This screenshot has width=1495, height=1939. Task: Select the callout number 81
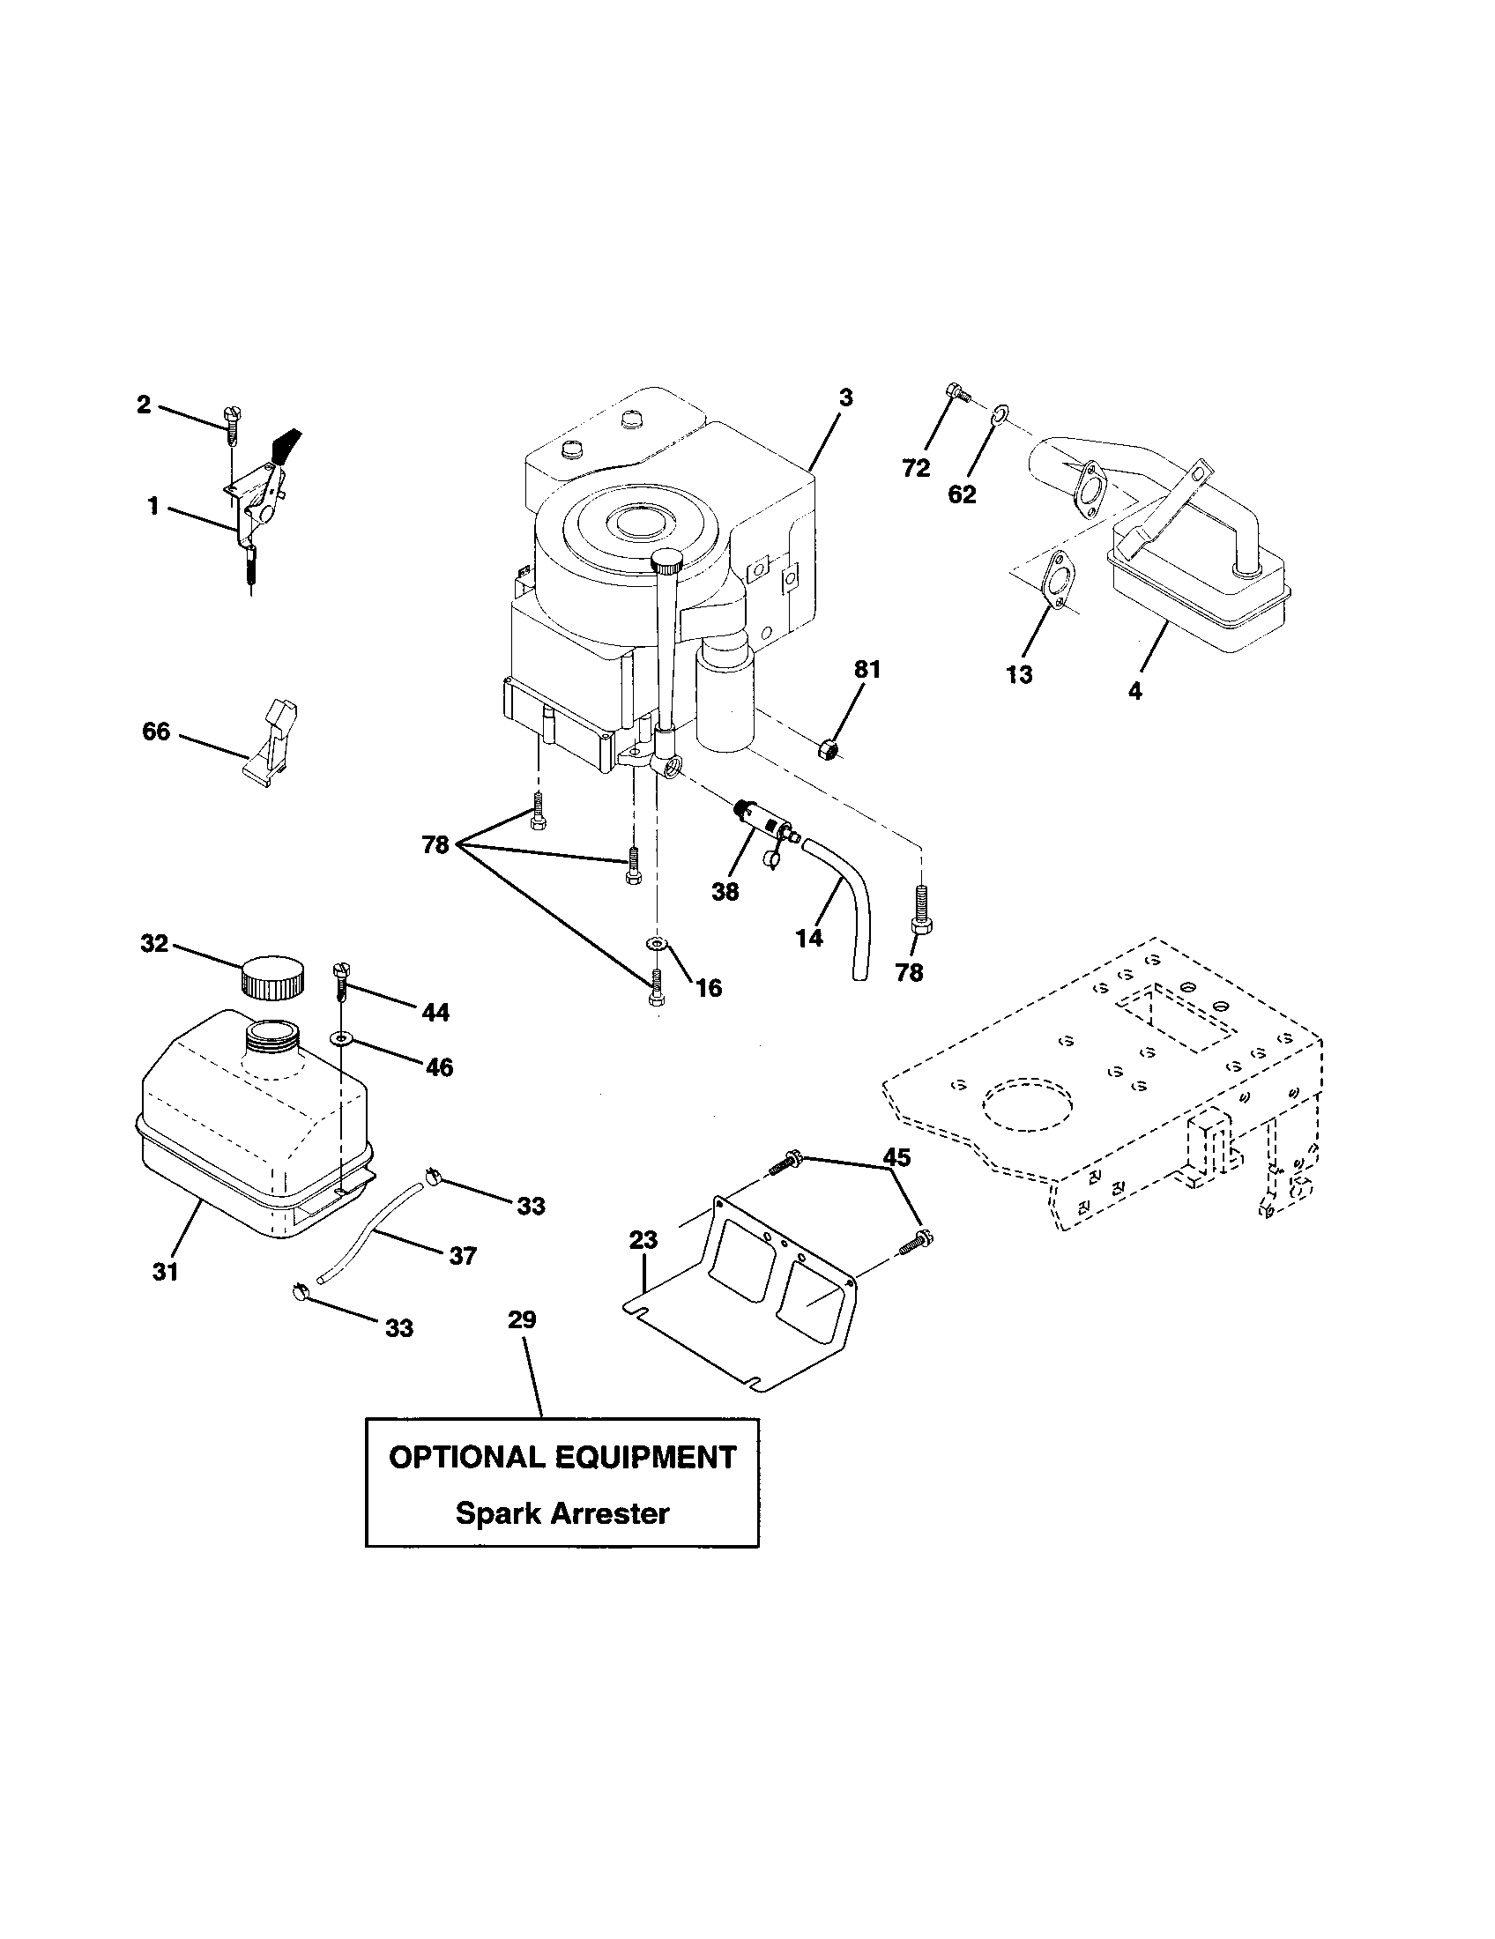[x=867, y=670]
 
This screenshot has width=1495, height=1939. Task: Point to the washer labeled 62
[x=1000, y=412]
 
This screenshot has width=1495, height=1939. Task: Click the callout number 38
[x=725, y=891]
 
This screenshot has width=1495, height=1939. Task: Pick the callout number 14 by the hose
[x=809, y=937]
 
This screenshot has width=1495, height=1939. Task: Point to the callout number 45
[x=896, y=1157]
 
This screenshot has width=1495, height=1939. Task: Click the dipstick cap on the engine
[x=666, y=561]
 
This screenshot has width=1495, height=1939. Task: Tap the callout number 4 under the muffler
[x=1135, y=690]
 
